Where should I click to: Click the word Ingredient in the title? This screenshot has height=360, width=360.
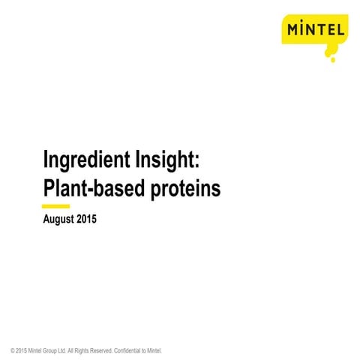pos(87,160)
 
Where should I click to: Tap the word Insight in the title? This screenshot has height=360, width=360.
pos(165,160)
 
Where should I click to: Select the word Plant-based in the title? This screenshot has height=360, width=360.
pos(94,189)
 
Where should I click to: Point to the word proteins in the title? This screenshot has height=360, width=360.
pos(186,190)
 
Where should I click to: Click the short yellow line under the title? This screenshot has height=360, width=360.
pos(55,206)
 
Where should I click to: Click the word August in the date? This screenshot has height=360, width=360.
pos(58,220)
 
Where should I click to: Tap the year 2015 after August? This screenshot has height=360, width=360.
pos(86,219)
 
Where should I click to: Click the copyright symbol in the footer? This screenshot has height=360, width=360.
pos(13,351)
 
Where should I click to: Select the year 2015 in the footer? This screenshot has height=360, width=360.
pos(21,351)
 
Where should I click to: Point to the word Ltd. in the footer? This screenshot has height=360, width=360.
pos(61,351)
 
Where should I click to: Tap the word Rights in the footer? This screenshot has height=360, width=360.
pos(82,351)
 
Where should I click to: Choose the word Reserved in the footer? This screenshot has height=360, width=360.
pos(101,351)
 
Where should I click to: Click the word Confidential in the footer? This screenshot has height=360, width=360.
pos(127,351)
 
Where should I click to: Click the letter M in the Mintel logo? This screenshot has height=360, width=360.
pos(293,30)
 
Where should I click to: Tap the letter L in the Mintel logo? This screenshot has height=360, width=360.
pos(340,30)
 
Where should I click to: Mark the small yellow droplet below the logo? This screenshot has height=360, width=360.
pos(333,60)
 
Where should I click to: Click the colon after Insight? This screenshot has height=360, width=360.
pos(197,162)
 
